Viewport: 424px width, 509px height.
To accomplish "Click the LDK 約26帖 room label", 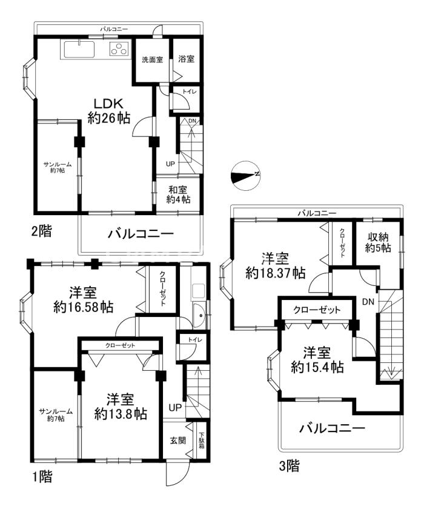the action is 109,111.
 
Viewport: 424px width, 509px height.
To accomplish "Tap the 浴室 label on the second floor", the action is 186,59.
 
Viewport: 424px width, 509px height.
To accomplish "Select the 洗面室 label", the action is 152,60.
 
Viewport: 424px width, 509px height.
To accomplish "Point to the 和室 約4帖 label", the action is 178,195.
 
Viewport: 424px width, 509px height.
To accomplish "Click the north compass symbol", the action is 245,176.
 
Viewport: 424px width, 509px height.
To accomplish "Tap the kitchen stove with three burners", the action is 119,49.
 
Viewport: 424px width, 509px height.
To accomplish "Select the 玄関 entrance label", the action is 177,441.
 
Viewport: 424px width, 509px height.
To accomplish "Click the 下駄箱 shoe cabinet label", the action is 202,441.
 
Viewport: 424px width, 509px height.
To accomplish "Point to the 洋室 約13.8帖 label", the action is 121,407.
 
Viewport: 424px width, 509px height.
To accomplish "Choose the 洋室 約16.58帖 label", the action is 83,299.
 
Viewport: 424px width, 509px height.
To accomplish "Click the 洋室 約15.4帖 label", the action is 317,360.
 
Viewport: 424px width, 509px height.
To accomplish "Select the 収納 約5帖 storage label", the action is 378,242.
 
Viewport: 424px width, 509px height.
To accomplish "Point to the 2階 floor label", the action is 41,231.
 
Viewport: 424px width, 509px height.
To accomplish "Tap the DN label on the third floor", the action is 368,302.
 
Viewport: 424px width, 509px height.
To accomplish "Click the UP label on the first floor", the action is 175,407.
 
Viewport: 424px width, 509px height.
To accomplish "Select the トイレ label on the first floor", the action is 195,339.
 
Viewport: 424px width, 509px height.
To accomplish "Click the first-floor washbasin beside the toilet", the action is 198,315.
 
